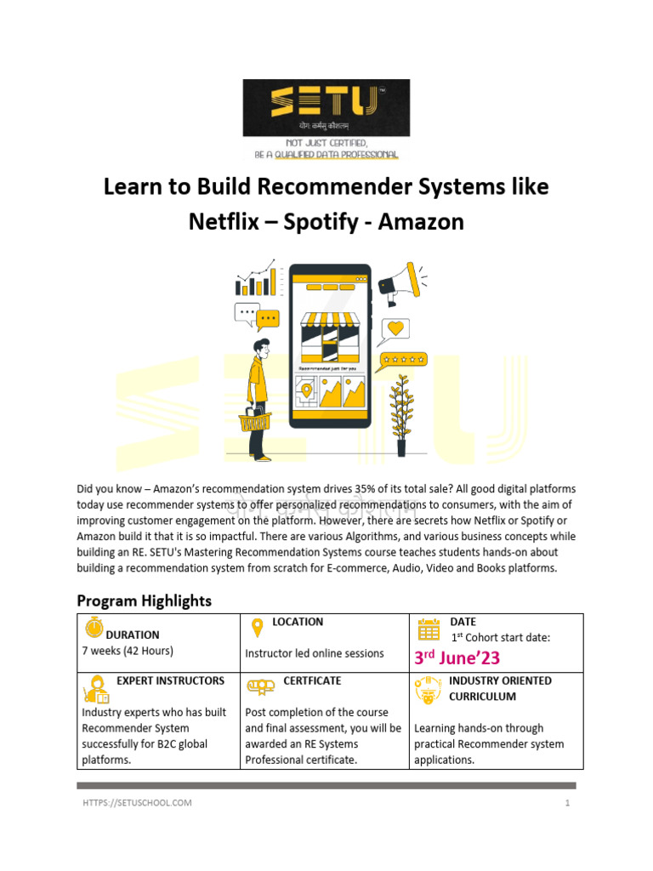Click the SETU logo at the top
click(x=326, y=108)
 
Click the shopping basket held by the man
click(x=254, y=420)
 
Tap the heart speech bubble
click(x=394, y=329)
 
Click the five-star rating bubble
click(x=403, y=361)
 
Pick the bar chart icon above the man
click(x=256, y=280)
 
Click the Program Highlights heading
click(x=144, y=601)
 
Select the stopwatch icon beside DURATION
click(x=93, y=629)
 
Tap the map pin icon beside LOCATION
click(x=256, y=629)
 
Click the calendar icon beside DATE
click(x=429, y=629)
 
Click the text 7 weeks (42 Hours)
click(x=128, y=651)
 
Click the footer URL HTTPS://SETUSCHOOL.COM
click(x=137, y=802)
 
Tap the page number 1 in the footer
click(x=565, y=802)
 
